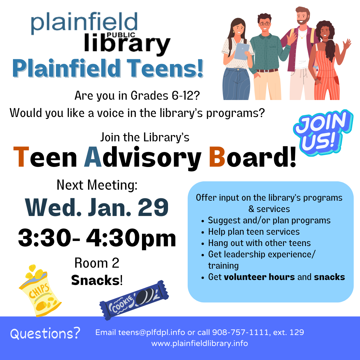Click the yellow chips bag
(40, 290)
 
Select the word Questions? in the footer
(45, 333)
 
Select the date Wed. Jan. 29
(97, 208)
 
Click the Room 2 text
(97, 263)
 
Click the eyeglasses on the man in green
(265, 24)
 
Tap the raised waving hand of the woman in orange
(347, 44)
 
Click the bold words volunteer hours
(259, 277)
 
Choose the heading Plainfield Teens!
(107, 68)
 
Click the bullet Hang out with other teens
(259, 243)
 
